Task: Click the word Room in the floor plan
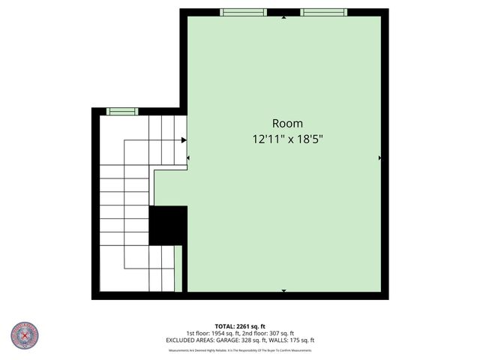287,124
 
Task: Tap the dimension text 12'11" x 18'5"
287,139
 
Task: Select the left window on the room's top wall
243,12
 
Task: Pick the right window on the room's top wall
323,12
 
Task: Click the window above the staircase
121,112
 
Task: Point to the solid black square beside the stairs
168,225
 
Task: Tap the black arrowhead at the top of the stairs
184,139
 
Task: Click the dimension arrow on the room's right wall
380,158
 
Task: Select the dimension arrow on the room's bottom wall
283,290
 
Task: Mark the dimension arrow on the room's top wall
283,16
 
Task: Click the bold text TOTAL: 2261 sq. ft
240,326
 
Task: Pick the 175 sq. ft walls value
302,340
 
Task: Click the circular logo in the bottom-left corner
25,336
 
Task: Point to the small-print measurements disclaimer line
240,349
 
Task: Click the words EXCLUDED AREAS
187,340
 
